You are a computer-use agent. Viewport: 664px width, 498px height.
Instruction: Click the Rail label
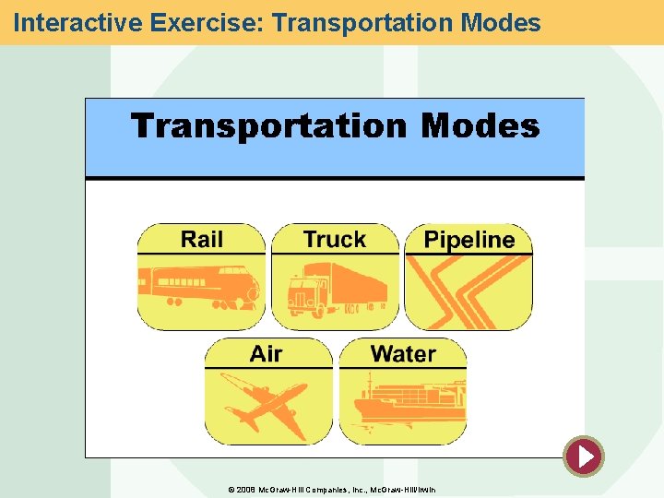point(201,240)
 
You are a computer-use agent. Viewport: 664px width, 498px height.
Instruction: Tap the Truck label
point(334,240)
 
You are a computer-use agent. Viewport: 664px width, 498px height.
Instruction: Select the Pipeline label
point(468,241)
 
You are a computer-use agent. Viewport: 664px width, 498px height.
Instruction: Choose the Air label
point(266,354)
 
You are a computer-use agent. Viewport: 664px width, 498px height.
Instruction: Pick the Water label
point(403,354)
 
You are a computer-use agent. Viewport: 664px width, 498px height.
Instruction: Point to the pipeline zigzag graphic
point(468,290)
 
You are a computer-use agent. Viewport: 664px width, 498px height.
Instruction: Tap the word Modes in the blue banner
point(480,126)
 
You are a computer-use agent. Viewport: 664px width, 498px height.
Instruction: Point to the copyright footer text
point(331,489)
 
